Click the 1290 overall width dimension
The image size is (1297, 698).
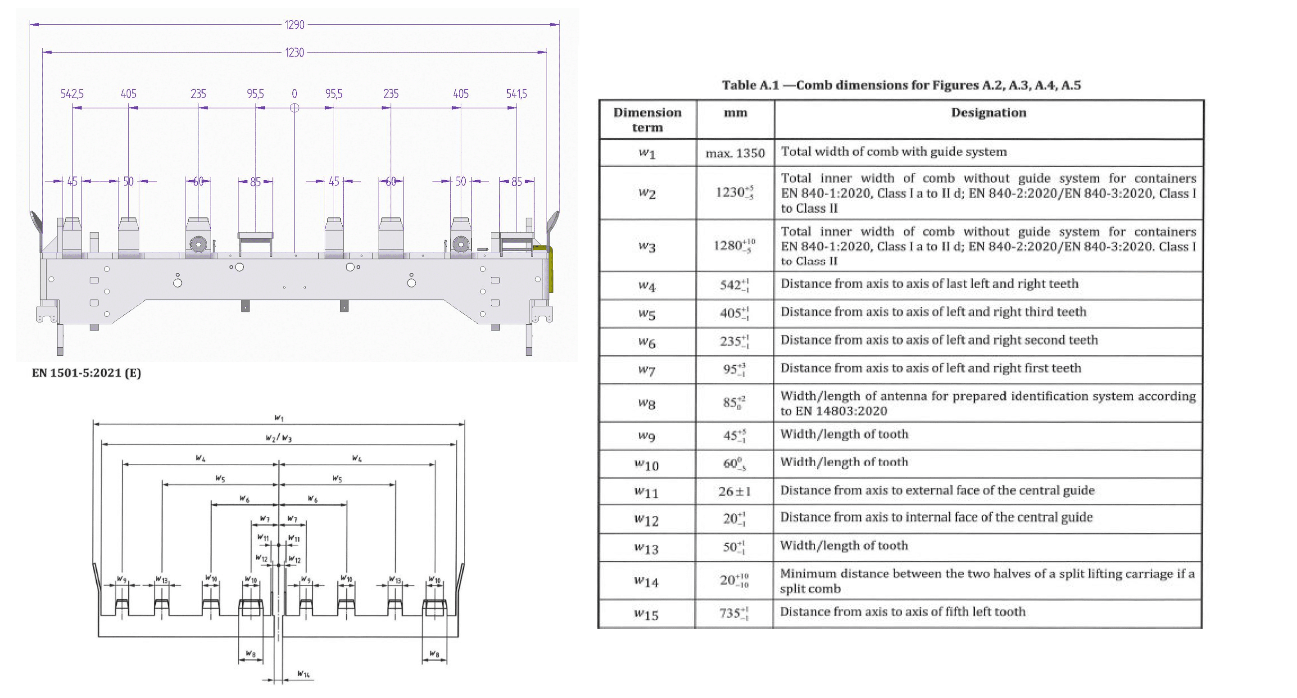coord(295,25)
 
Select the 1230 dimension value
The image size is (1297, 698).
coord(295,52)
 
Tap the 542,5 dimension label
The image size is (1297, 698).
coord(72,94)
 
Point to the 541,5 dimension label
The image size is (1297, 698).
coord(517,94)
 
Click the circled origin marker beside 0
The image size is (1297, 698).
coord(295,108)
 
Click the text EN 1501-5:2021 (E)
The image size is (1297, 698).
coord(86,373)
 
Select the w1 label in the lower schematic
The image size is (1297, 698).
coord(279,418)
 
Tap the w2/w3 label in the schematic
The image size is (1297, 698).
coord(278,438)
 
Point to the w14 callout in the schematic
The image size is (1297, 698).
coord(303,674)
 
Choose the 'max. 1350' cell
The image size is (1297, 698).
coord(735,153)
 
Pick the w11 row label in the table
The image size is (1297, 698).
coord(647,492)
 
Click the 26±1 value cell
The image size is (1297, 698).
coord(735,491)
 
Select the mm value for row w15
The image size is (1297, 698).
coord(734,613)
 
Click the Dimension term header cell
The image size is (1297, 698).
coord(647,119)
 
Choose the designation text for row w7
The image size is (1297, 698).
coord(930,368)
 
